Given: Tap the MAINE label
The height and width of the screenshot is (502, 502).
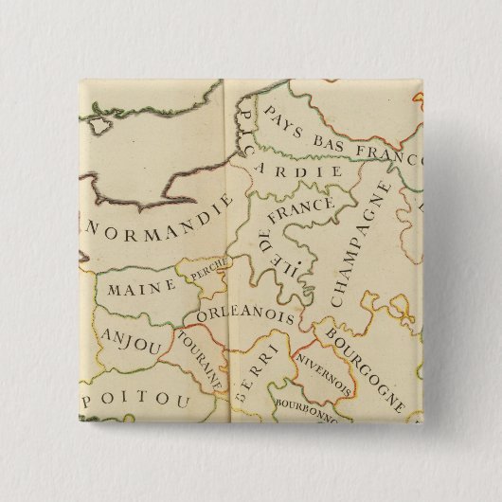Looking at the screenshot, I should tap(141, 284).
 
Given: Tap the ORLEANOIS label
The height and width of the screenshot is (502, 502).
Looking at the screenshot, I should tap(245, 313).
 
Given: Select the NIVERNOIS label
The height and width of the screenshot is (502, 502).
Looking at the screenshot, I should tap(324, 376).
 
